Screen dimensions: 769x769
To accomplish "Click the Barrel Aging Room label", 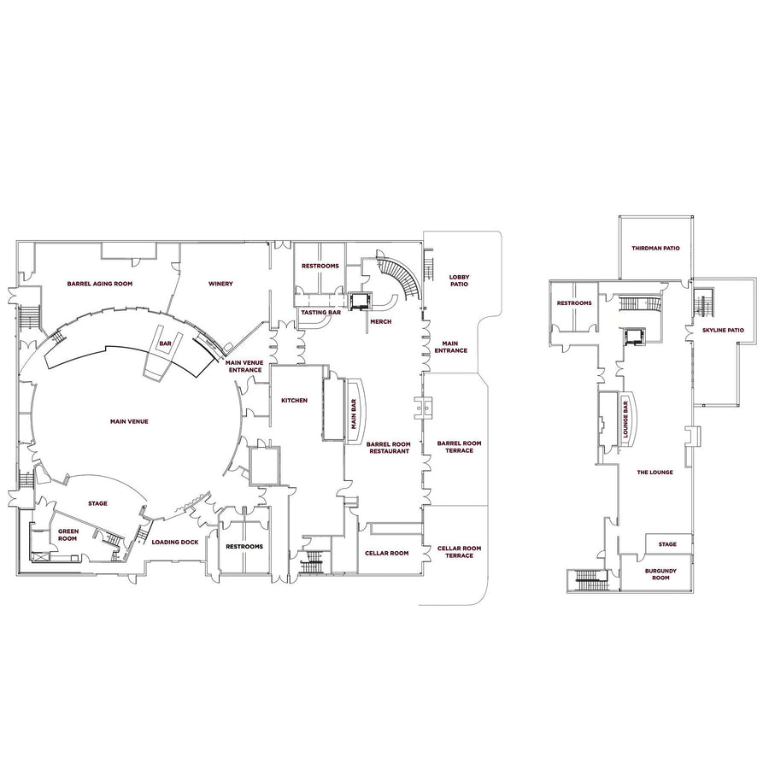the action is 100,284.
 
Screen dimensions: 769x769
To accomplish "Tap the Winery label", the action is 220,284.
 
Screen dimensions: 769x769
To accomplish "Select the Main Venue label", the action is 129,421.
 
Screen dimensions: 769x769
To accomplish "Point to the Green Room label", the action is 68,535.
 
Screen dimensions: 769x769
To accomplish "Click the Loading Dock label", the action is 175,542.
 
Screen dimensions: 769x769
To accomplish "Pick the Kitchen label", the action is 294,400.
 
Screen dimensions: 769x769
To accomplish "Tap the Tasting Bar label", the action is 320,313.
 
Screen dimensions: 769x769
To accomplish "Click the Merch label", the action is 381,321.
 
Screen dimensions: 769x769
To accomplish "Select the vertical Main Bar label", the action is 354,414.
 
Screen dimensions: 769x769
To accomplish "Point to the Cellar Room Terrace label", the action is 459,552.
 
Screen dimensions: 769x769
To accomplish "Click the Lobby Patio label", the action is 459,280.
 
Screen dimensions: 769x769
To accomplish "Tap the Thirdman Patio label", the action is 655,248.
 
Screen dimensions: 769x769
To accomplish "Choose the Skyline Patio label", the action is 723,330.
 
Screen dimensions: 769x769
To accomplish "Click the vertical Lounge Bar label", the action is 625,420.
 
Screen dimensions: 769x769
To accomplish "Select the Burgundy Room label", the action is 660,574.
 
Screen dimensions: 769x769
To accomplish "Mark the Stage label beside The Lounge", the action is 667,544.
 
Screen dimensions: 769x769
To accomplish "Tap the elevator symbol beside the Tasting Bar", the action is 360,302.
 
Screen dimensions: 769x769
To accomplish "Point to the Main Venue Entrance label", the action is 245,366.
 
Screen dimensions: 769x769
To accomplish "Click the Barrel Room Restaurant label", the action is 389,447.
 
